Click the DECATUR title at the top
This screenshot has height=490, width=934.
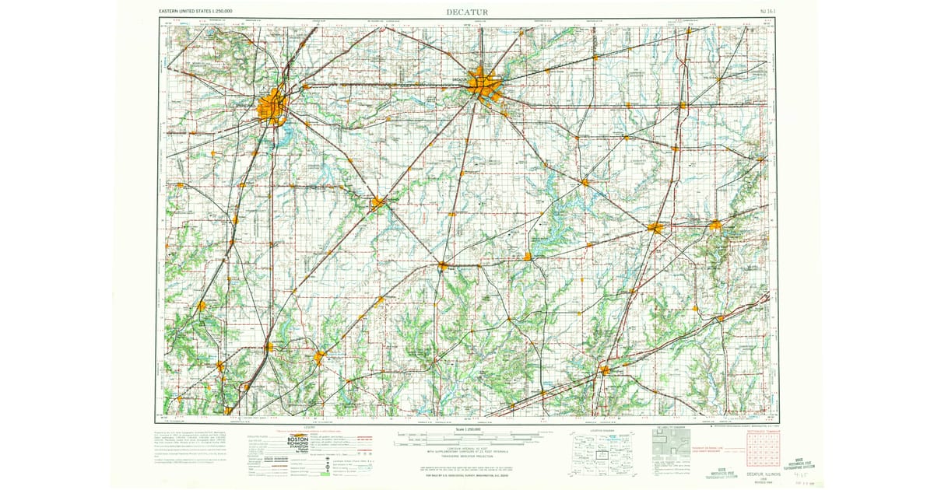[466, 12]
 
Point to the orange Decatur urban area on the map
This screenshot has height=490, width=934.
[484, 83]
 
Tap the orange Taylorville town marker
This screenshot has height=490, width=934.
[377, 203]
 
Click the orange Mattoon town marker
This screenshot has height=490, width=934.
[656, 228]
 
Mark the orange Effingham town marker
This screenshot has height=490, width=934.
[604, 370]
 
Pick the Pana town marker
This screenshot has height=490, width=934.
[442, 267]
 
